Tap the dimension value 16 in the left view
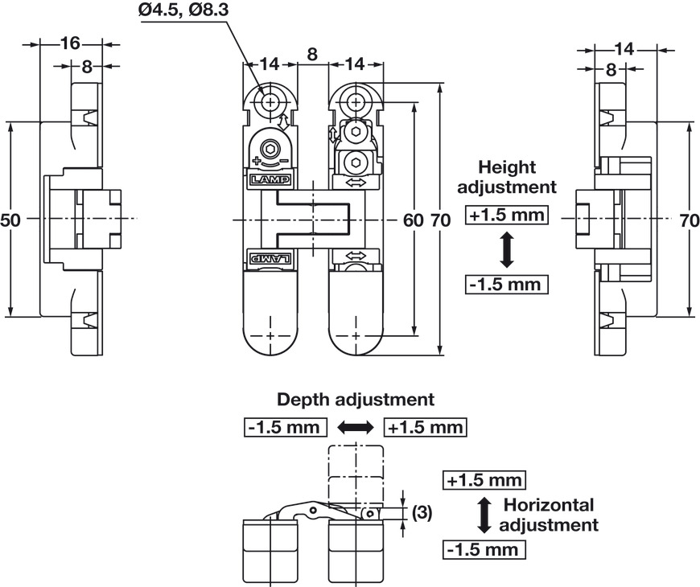click(70, 43)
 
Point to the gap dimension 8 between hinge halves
click(311, 54)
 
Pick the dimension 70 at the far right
click(690, 220)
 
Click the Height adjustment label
click(506, 177)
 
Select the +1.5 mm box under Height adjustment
click(507, 216)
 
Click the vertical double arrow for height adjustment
click(507, 250)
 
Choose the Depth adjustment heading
click(356, 399)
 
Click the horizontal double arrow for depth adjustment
click(355, 428)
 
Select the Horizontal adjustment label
click(549, 515)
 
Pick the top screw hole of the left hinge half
click(270, 102)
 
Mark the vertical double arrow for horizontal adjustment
click(484, 515)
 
